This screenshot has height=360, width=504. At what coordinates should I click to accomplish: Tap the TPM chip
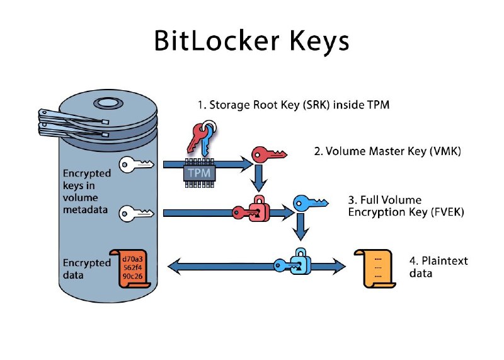[198, 171]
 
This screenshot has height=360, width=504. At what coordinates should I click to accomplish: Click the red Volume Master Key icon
[268, 153]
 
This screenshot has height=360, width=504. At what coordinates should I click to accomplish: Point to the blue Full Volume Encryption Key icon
[310, 203]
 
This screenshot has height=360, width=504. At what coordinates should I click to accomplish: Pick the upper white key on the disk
[136, 165]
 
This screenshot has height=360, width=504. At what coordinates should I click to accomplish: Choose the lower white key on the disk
[136, 212]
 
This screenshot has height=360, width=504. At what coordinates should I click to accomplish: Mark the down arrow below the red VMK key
[257, 179]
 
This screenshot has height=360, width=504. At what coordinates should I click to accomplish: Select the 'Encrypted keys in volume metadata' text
[87, 191]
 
